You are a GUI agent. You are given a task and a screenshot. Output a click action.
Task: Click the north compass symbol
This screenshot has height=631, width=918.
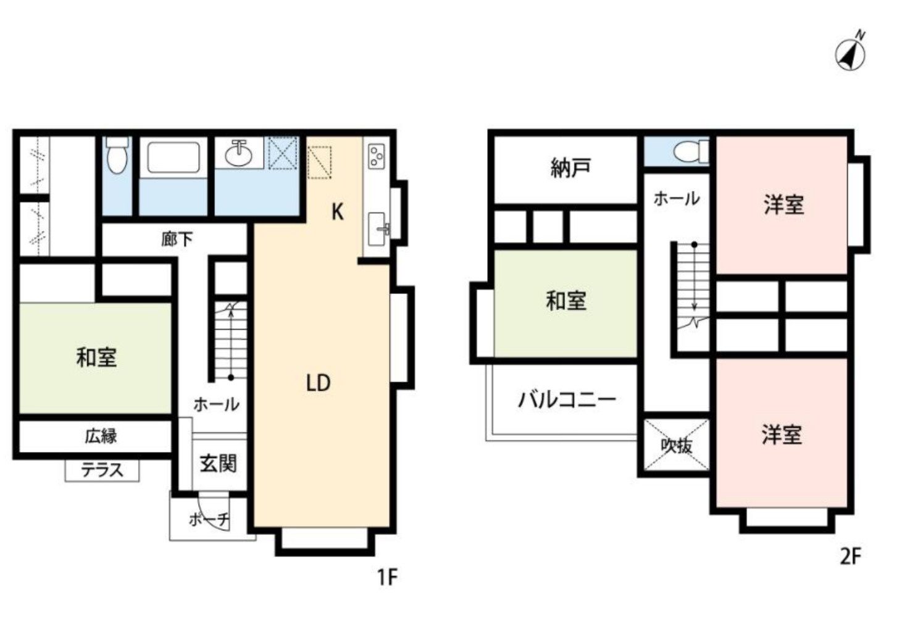(x=851, y=54)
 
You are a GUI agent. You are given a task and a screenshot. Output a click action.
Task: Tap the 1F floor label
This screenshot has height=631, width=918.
(x=387, y=577)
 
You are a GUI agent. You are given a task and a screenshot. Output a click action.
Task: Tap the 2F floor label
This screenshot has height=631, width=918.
(x=850, y=556)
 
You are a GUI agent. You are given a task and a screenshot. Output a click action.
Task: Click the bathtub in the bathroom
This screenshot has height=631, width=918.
(x=173, y=158)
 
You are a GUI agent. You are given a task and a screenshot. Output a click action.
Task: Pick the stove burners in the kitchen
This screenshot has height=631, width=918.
(x=376, y=156)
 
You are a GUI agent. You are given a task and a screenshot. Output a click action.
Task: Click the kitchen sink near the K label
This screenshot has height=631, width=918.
(x=377, y=226)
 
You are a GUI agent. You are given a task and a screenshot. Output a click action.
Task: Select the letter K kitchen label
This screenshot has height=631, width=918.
(x=337, y=212)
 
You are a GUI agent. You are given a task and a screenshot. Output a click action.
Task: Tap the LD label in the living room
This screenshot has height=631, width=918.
(x=319, y=383)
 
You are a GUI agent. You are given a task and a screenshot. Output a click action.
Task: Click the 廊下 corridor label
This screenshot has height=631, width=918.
(x=177, y=239)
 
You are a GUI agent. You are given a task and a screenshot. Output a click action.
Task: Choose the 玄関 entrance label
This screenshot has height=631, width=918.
(x=218, y=463)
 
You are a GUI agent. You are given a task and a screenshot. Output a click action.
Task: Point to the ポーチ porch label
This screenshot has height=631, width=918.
(x=209, y=519)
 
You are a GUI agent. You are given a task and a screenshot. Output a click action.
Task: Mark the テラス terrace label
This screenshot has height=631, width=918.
(x=102, y=470)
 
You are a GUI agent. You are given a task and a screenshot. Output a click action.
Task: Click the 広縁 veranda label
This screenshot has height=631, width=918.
(x=101, y=436)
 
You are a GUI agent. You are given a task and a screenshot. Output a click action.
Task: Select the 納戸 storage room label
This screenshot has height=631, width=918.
(x=570, y=168)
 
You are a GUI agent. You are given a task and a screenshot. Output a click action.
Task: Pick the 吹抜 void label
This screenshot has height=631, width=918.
(x=677, y=445)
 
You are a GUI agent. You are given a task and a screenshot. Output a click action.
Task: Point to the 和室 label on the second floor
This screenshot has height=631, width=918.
(x=565, y=301)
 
